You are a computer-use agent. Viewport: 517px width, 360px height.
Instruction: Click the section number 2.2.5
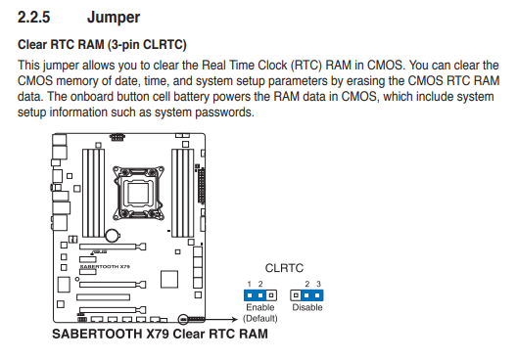(x=33, y=18)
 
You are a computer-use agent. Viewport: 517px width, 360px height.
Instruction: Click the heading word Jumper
(x=114, y=18)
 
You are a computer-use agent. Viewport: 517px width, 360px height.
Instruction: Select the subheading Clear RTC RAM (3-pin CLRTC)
(x=102, y=45)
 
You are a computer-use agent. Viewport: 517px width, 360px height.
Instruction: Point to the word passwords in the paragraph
(x=224, y=112)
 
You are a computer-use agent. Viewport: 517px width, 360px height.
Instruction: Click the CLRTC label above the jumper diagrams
(x=284, y=268)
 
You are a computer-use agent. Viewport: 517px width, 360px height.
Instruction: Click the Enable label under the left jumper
(x=260, y=307)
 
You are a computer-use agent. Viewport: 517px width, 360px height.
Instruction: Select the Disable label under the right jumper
(x=307, y=307)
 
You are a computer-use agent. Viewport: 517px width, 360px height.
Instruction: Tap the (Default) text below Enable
(x=260, y=319)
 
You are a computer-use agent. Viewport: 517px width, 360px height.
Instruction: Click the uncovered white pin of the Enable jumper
(x=271, y=295)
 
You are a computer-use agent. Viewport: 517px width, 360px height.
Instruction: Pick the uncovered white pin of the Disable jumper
(x=296, y=295)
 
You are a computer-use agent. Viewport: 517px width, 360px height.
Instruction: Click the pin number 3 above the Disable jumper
(x=318, y=284)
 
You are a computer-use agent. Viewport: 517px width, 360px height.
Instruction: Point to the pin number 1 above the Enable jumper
(x=250, y=284)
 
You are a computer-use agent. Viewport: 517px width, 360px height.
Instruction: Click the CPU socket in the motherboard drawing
(x=138, y=193)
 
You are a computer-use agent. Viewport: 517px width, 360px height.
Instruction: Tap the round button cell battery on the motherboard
(x=113, y=235)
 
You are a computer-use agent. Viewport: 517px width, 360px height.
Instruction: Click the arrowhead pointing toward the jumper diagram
(x=235, y=319)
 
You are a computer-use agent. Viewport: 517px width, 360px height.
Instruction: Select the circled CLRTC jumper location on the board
(x=183, y=319)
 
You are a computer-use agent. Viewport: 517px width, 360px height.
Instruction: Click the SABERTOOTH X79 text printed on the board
(x=105, y=266)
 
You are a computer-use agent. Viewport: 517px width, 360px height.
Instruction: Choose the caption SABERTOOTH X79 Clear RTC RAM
(x=160, y=334)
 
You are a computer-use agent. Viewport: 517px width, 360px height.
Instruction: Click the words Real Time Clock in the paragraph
(x=244, y=66)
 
